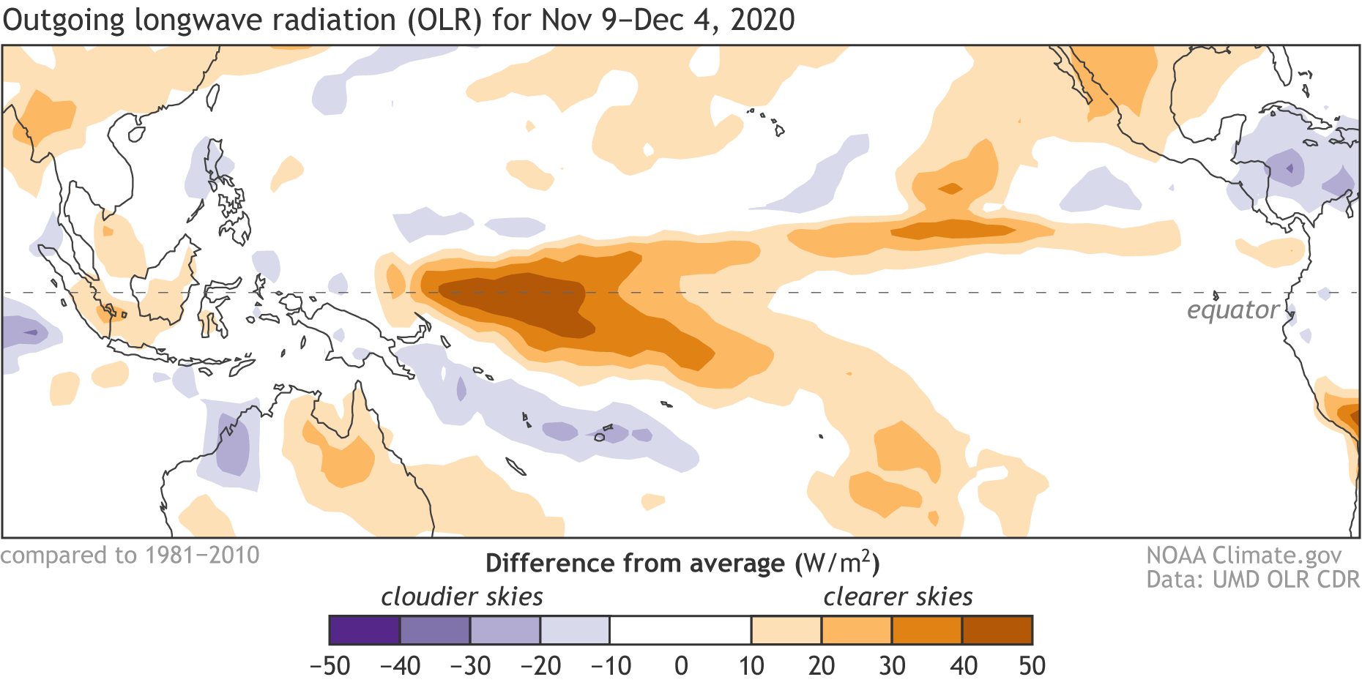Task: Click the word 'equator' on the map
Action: pos(1233,310)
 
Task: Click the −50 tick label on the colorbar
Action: pos(330,666)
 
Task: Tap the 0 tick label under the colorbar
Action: pos(681,666)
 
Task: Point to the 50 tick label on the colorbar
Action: pos(1032,666)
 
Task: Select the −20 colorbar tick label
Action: pos(540,666)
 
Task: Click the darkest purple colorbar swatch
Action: pos(365,630)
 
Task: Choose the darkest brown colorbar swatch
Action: pos(997,630)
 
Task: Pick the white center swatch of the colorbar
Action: pos(681,630)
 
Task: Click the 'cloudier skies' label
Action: pos(462,597)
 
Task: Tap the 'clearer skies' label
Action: pos(898,597)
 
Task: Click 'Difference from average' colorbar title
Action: pos(635,564)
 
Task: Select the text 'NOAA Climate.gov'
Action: pos(1243,555)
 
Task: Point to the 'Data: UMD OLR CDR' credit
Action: pos(1252,580)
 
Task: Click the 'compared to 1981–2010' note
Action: pos(130,555)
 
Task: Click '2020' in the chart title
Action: pos(763,20)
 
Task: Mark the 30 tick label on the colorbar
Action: pos(892,666)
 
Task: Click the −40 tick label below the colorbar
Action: pos(401,666)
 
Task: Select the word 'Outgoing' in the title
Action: pos(64,20)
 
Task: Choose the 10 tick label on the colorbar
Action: pos(751,666)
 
